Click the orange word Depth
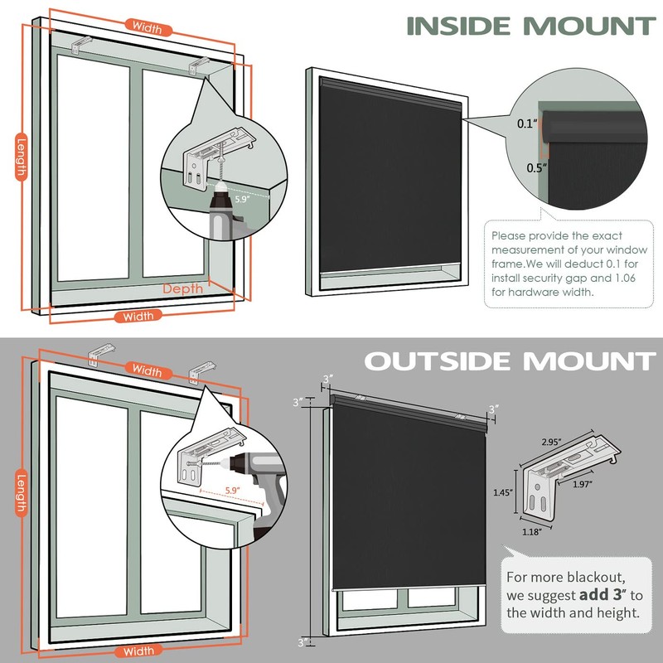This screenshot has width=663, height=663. (x=182, y=289)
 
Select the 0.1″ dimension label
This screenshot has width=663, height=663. (x=526, y=124)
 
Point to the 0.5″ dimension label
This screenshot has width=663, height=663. (x=527, y=167)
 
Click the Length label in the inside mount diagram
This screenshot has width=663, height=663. (x=21, y=157)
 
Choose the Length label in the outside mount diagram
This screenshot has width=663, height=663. (x=21, y=493)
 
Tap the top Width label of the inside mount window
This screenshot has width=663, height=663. (x=147, y=27)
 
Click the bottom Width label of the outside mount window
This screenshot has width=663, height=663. (x=138, y=651)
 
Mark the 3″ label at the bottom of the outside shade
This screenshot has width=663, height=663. (x=303, y=641)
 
